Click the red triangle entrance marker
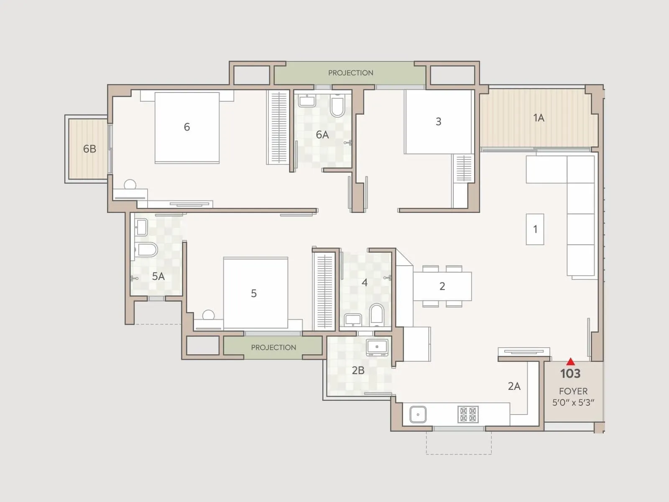click(x=570, y=361)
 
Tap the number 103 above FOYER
click(x=570, y=374)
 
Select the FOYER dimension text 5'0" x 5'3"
click(x=573, y=402)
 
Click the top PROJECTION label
click(x=350, y=73)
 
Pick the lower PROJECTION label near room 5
click(x=273, y=348)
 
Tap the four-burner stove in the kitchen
click(x=468, y=414)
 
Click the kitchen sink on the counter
click(x=418, y=415)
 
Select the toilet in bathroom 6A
click(x=337, y=106)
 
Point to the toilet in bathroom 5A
click(x=147, y=250)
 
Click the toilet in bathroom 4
click(x=377, y=315)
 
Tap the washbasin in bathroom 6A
click(x=307, y=101)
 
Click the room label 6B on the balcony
click(x=89, y=149)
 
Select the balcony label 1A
click(x=539, y=118)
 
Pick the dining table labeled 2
click(x=442, y=286)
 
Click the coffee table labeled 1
click(x=535, y=229)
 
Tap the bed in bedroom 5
click(x=255, y=293)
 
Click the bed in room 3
click(x=438, y=122)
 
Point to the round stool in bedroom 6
click(x=130, y=184)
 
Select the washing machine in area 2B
click(x=377, y=348)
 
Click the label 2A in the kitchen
click(x=514, y=386)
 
